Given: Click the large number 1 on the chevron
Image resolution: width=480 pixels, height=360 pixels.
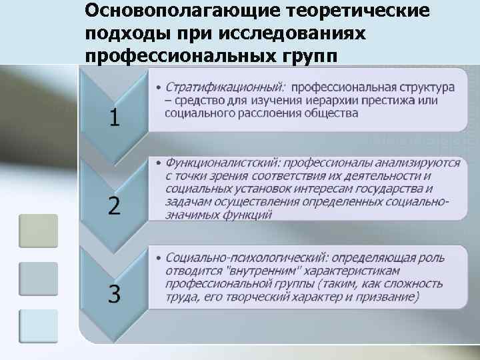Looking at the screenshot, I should pyautogui.click(x=115, y=118).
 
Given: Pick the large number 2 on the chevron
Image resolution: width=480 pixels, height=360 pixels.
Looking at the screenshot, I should pyautogui.click(x=115, y=206).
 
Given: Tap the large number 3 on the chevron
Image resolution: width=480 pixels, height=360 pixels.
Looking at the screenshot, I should pyautogui.click(x=115, y=294).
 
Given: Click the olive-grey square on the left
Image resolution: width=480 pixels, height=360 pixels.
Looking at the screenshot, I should pyautogui.click(x=38, y=231).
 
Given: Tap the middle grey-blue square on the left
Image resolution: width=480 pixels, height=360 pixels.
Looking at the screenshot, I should pyautogui.click(x=38, y=279).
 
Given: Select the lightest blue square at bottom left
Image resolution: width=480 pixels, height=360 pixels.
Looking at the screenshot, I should pyautogui.click(x=38, y=326).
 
